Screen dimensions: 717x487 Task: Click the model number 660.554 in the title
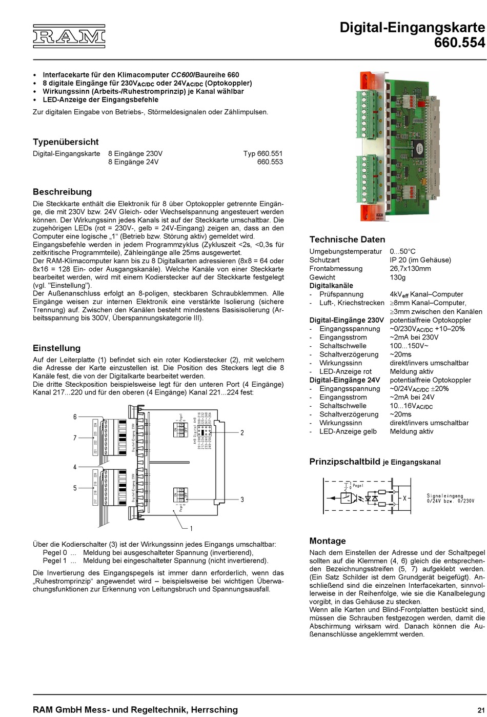click(459, 43)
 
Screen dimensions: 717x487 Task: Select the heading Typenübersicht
click(66, 142)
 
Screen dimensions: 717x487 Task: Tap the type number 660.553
click(270, 162)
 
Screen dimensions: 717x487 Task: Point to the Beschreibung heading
click(62, 192)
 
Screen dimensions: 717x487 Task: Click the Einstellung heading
click(56, 348)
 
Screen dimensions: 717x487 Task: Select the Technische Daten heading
click(347, 240)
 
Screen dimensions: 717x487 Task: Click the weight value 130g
click(397, 277)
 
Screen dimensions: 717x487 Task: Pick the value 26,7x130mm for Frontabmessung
click(410, 269)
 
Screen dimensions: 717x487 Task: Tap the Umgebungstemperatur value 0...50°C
click(402, 251)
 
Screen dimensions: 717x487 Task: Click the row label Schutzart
click(324, 260)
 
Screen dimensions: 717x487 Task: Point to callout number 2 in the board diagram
click(242, 433)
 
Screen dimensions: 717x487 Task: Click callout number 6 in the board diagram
click(75, 417)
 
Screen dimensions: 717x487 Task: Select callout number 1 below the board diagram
click(191, 528)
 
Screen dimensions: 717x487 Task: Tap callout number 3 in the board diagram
click(242, 500)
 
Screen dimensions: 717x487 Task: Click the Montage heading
click(328, 541)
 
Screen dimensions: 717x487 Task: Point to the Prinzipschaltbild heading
click(344, 462)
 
